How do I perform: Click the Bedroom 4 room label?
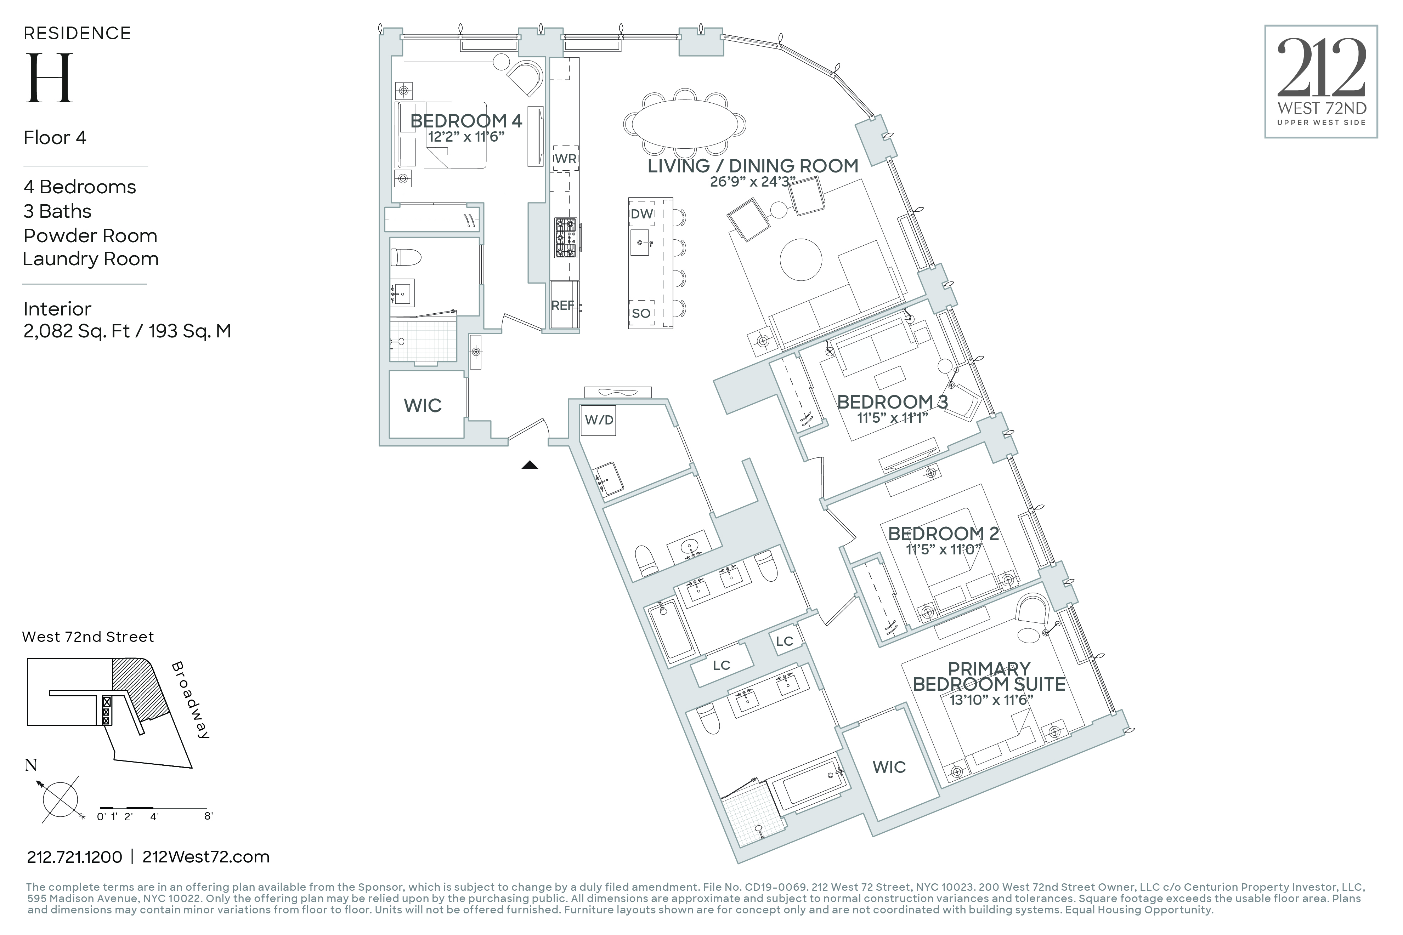(x=466, y=121)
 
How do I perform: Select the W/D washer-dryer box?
(x=599, y=420)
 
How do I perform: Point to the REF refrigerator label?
(x=562, y=305)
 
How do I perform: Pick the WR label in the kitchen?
(x=565, y=159)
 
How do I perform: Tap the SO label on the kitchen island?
(x=641, y=313)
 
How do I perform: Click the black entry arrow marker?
(x=530, y=465)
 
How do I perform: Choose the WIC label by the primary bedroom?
(x=889, y=767)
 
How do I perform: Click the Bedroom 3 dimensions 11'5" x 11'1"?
(x=892, y=418)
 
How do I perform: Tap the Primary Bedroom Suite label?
(x=989, y=677)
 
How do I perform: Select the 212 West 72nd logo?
(x=1321, y=82)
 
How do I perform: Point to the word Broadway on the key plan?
(x=190, y=700)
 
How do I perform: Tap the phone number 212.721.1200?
(x=75, y=857)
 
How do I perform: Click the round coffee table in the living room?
(x=800, y=260)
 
